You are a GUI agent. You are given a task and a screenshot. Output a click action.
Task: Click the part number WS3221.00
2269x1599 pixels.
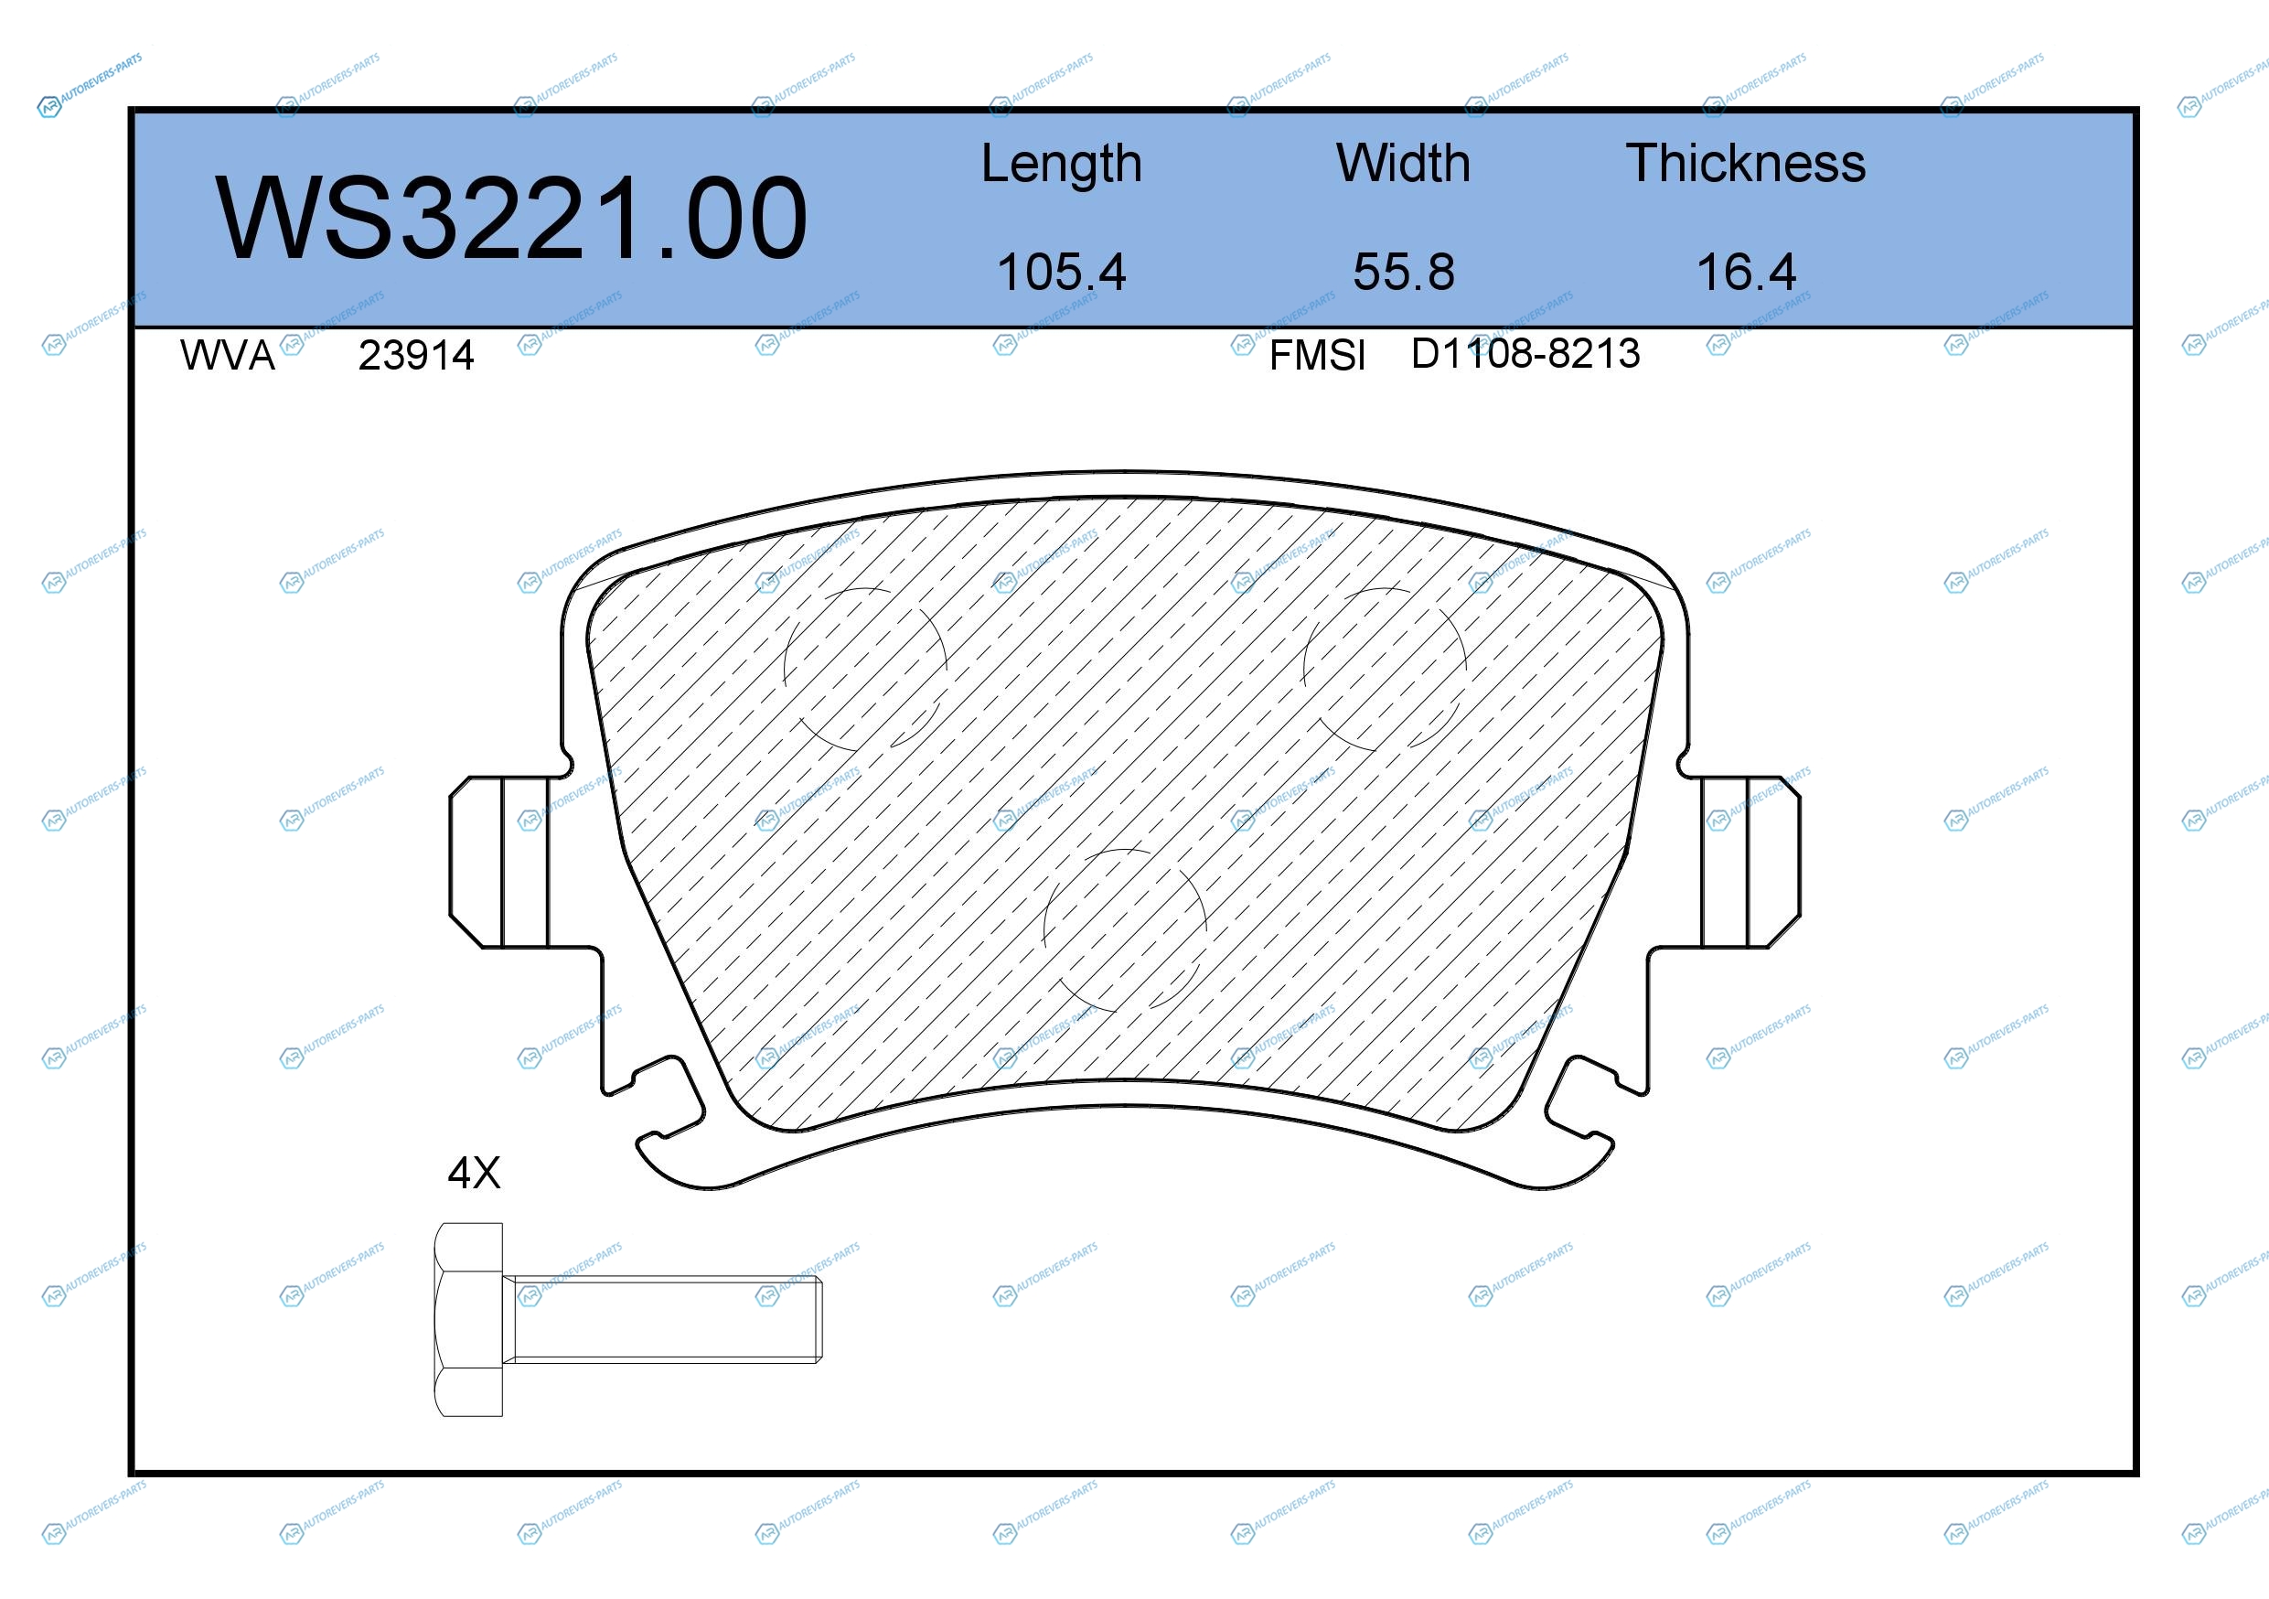tap(511, 218)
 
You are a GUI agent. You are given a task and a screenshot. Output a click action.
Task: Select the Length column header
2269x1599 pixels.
tap(1062, 164)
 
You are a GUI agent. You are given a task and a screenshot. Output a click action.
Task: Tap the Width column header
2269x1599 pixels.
tap(1403, 163)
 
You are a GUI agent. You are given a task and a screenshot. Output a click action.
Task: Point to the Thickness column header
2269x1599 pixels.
tap(1745, 163)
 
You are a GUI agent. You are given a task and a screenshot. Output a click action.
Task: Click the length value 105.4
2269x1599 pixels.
tap(1062, 272)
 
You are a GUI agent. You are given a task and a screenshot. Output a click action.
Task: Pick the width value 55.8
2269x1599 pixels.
tap(1403, 272)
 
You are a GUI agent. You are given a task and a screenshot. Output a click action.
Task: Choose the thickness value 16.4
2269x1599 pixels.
tap(1745, 272)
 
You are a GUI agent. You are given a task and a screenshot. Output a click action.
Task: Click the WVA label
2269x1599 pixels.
tap(228, 356)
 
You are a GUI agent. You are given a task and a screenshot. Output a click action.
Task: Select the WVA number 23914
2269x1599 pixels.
tap(416, 356)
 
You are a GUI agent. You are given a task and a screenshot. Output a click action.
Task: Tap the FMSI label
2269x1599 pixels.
tap(1317, 356)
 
